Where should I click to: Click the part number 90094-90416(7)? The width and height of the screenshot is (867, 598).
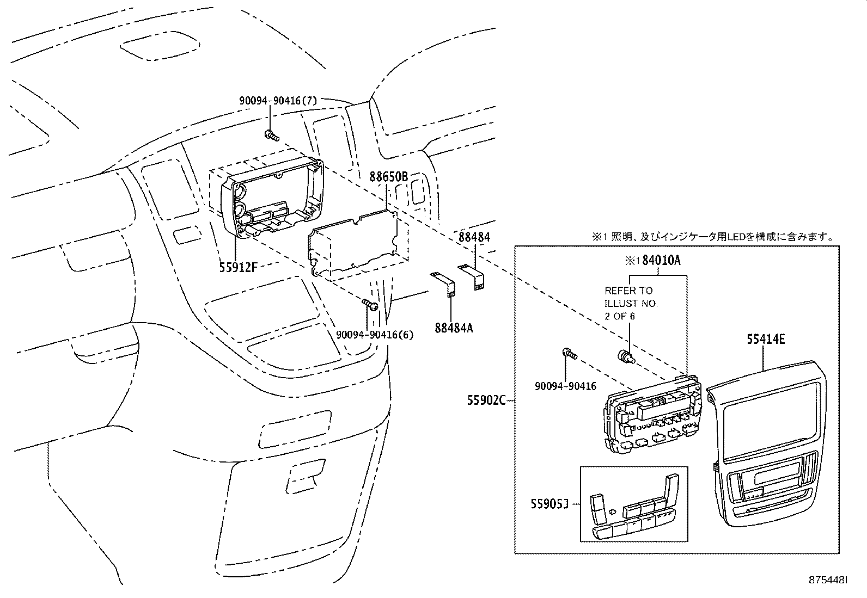[x=278, y=101]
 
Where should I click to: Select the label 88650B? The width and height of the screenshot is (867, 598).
[x=389, y=177]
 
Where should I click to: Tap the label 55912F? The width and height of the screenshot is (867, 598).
[x=238, y=267]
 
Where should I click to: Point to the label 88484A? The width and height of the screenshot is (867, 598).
[x=454, y=328]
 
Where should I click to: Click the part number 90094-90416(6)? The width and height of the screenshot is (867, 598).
[x=375, y=335]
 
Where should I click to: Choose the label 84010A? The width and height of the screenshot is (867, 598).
[x=661, y=260]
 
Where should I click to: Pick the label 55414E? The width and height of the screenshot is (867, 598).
[x=766, y=339]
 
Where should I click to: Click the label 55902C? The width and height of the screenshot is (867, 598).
[x=486, y=400]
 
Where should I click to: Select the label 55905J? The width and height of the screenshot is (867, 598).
[x=549, y=504]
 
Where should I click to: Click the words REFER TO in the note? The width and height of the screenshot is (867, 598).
[x=628, y=290]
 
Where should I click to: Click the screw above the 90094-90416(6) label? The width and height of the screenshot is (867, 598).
[x=370, y=304]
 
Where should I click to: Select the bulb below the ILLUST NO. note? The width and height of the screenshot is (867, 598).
[x=625, y=356]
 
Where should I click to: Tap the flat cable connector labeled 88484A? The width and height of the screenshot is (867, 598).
[x=443, y=285]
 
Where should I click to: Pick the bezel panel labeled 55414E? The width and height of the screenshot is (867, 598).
[x=766, y=443]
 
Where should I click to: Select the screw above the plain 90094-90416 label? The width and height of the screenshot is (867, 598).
[x=569, y=354]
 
